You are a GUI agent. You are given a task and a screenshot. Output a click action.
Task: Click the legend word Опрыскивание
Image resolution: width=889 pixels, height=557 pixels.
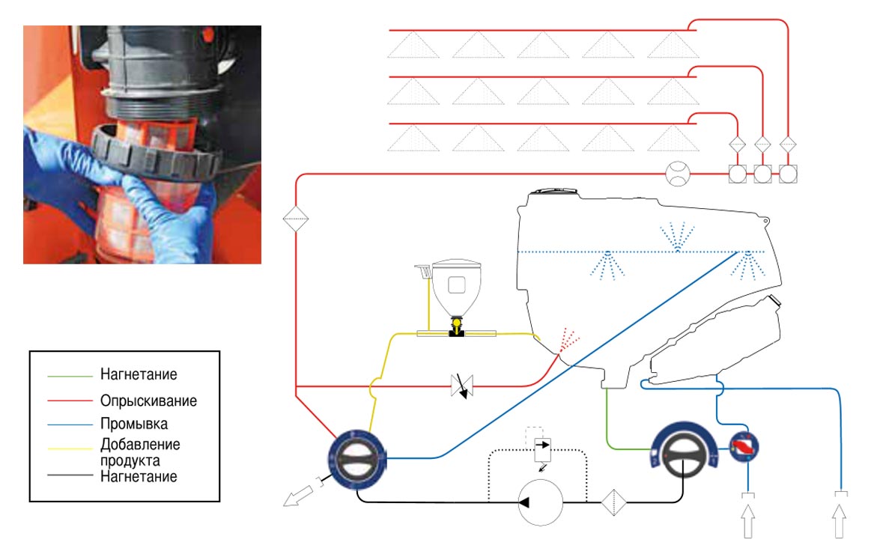(x=148, y=401)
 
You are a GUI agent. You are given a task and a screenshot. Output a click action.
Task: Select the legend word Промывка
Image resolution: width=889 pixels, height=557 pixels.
(x=134, y=423)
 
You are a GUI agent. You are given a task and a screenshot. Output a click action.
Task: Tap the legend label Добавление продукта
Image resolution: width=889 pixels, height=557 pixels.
(x=140, y=452)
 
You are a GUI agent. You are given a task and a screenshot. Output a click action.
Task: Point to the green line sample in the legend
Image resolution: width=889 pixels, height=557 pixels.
(x=70, y=376)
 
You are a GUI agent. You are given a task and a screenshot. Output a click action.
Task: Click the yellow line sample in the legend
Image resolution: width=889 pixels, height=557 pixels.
(x=70, y=448)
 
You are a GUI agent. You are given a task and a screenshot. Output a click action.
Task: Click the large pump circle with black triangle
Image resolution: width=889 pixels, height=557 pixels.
(x=540, y=502)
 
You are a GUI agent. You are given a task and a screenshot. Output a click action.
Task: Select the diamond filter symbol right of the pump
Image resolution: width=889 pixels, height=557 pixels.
(x=613, y=502)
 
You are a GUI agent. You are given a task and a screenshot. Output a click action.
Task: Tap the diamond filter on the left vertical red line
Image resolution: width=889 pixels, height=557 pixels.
(x=296, y=219)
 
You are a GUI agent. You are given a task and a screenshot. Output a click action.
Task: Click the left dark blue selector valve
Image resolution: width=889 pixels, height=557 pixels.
(x=358, y=459)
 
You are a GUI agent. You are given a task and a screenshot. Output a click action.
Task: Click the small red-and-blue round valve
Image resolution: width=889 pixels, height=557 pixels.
(x=744, y=446)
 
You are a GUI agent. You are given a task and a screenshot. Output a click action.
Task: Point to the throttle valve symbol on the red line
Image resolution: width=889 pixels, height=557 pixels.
(x=462, y=386)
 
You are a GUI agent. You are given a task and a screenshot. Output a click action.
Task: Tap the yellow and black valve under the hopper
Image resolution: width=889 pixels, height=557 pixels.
(x=456, y=327)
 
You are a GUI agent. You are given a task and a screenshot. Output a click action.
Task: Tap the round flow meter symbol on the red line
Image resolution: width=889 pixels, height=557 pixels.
(x=678, y=174)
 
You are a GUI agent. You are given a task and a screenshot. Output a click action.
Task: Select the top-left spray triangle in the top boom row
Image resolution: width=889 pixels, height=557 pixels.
(x=413, y=45)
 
